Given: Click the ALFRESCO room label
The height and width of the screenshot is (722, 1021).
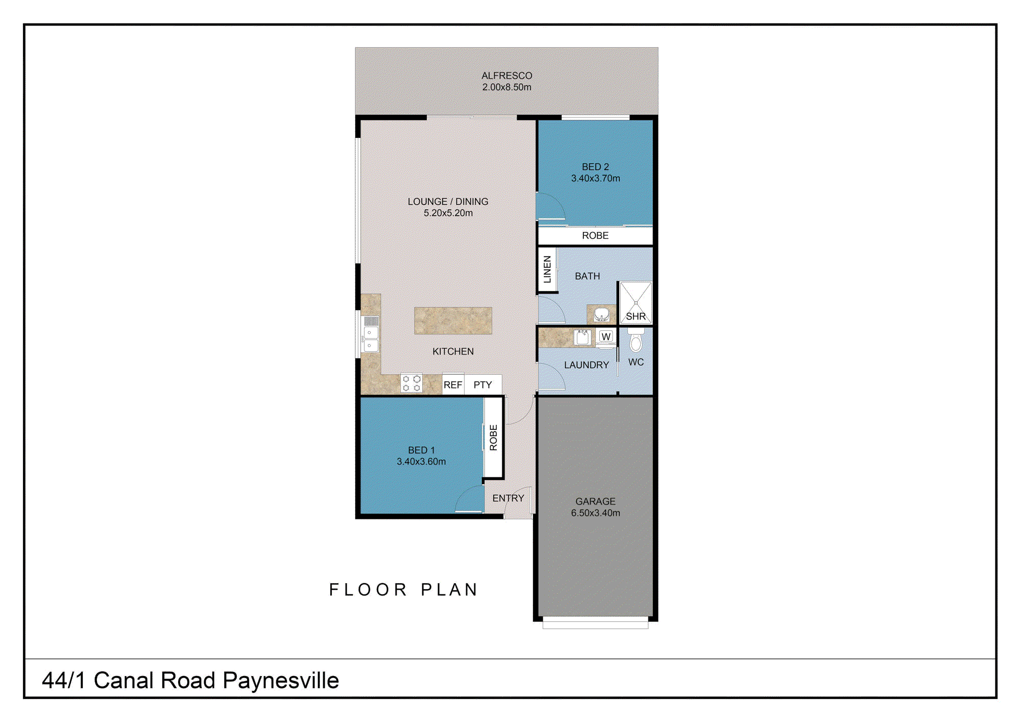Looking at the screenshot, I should tap(506, 76).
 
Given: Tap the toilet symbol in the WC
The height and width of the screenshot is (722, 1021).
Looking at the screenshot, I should tap(636, 342).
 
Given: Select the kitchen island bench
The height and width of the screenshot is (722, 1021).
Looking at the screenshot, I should tap(453, 321).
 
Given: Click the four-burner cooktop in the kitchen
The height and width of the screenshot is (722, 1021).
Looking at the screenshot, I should tap(411, 383).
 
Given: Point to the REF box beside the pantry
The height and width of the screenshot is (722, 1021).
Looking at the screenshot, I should tap(453, 384).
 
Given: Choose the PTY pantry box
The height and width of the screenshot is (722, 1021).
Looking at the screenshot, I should tap(483, 384).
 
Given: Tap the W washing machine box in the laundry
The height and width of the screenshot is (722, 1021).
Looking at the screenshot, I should tap(606, 336).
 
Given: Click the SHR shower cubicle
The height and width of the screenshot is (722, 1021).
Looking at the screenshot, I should tap(636, 303).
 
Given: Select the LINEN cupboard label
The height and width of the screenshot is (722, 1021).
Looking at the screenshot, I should tap(547, 270).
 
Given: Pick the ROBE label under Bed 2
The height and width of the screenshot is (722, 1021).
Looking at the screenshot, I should tap(595, 235).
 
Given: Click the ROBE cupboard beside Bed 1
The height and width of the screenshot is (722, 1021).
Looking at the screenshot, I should tap(493, 438).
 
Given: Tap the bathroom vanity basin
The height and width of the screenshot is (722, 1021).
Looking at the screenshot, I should tap(602, 314).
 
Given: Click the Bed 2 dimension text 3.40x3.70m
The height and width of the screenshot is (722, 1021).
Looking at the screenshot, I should tap(595, 178).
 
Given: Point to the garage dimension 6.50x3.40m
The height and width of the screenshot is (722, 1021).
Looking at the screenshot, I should tap(595, 513).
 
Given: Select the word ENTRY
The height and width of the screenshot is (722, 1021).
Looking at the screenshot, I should tap(508, 498).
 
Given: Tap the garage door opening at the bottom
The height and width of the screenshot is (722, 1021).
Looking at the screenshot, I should tap(595, 622).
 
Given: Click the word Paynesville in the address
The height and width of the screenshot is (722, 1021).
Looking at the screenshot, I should tap(281, 681).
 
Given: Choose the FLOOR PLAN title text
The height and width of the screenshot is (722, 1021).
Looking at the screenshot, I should tap(403, 590).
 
